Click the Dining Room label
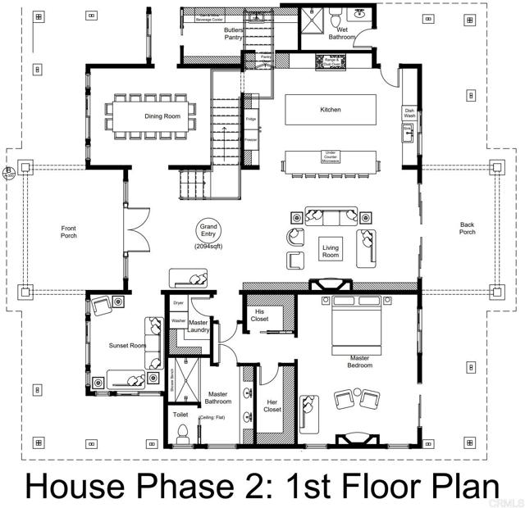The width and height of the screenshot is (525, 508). tap(162, 116)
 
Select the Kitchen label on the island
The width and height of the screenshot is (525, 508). tap(330, 110)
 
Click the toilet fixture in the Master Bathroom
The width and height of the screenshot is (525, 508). tap(181, 433)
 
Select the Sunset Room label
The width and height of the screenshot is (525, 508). tap(127, 346)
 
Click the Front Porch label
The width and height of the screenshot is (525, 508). tap(69, 232)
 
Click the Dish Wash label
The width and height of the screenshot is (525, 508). tap(409, 114)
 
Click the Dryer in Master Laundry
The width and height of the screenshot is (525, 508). tap(179, 303)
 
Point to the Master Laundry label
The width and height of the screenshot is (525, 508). tap(199, 327)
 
